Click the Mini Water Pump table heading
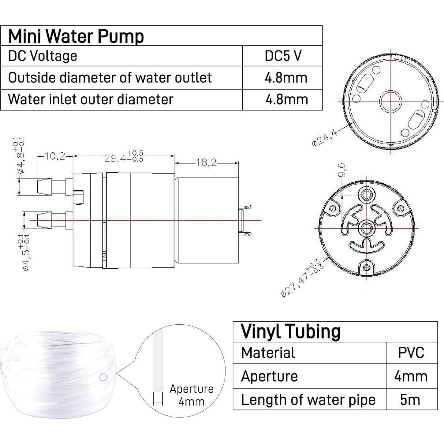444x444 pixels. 76,36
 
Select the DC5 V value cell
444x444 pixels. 283,56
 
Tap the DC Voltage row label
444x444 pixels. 43,56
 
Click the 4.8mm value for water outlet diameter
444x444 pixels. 286,78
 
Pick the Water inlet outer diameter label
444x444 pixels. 91,99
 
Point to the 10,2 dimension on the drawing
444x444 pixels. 55,156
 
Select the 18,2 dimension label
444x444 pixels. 206,162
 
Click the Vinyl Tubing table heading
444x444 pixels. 290,331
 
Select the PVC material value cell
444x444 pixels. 411,353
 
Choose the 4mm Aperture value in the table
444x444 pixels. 411,376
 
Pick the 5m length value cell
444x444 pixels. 410,400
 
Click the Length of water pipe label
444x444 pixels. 308,400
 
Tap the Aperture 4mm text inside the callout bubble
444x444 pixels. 192,395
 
